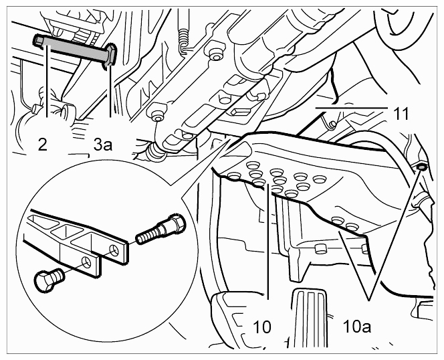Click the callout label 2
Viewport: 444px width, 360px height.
(x=43, y=145)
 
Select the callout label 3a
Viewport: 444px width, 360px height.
(x=103, y=145)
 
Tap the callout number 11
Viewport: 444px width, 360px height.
(x=401, y=114)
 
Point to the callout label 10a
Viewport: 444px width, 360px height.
(x=356, y=327)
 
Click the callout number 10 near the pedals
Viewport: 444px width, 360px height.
(x=262, y=327)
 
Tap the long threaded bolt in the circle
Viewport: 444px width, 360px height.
(x=160, y=229)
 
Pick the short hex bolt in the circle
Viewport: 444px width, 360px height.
(x=49, y=279)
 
